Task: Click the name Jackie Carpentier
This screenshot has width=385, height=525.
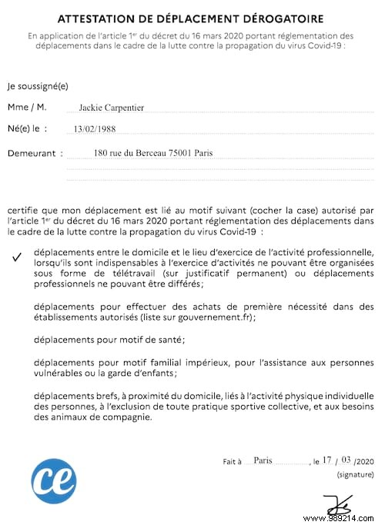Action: (111, 108)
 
